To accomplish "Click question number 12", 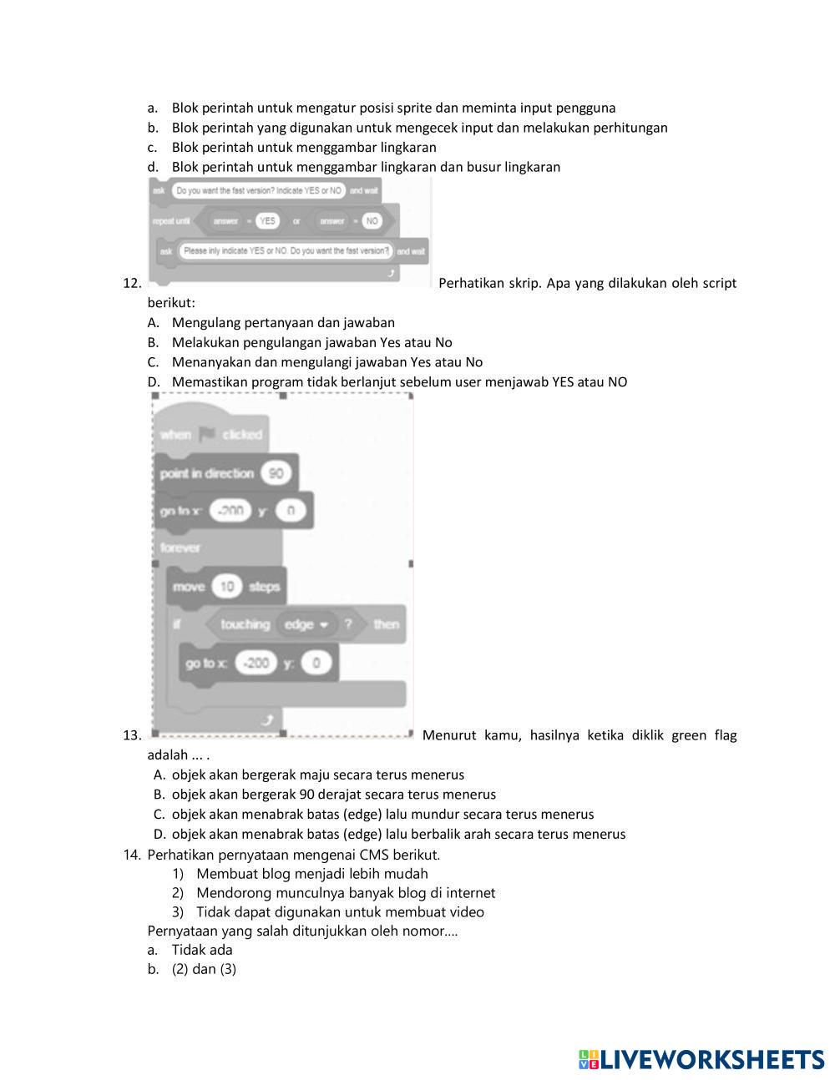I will [x=132, y=283].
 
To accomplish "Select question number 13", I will [x=132, y=735].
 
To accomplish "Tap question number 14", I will [x=132, y=854].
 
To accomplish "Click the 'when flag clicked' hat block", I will [x=211, y=434].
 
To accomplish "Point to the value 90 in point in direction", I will [x=276, y=473].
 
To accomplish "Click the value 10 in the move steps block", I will [x=226, y=587].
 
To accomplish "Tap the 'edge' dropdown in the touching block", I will [x=306, y=624].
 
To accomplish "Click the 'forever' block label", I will [x=180, y=548].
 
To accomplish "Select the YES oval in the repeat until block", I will [x=267, y=221].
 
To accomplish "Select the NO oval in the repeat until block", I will [x=372, y=221].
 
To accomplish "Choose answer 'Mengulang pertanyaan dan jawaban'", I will [x=283, y=322].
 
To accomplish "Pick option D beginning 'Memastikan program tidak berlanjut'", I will [x=399, y=382].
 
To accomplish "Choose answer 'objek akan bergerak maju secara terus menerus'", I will [x=317, y=775].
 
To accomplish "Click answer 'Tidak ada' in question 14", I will [x=202, y=950].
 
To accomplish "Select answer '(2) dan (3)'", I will [x=204, y=969].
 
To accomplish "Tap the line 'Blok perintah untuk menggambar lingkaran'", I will [x=304, y=148].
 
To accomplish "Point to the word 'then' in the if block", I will [x=386, y=624].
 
